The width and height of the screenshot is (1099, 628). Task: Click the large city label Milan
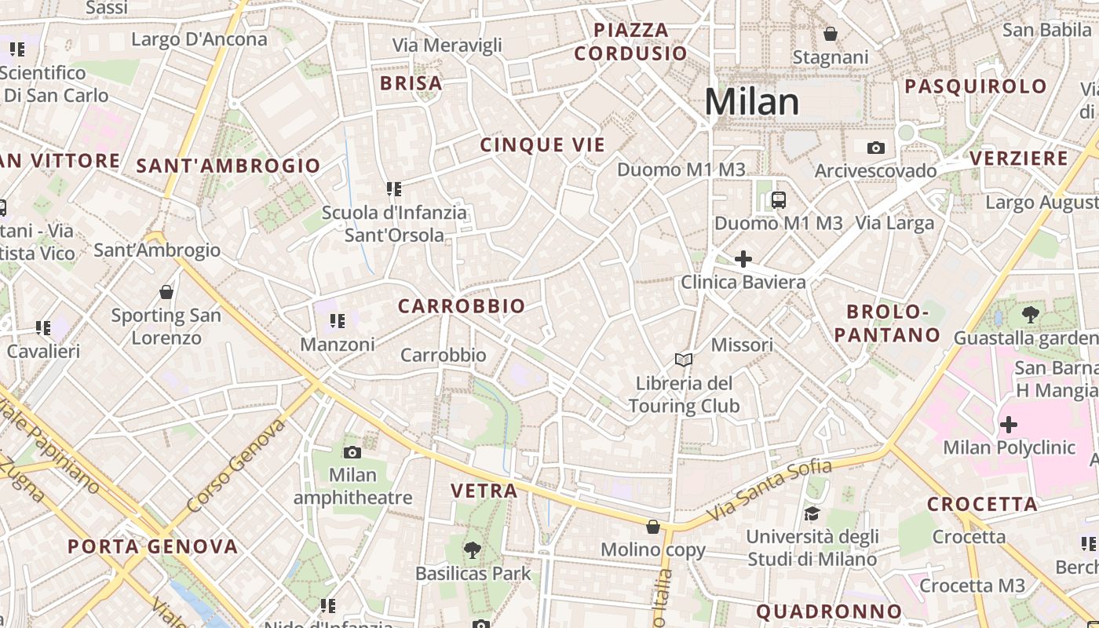click(x=751, y=102)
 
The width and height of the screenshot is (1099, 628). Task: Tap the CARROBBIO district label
click(x=462, y=306)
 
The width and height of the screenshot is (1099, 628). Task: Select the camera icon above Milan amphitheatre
click(x=352, y=452)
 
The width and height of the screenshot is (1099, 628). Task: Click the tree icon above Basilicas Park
click(x=472, y=550)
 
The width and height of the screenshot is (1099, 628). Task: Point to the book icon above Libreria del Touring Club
click(x=684, y=360)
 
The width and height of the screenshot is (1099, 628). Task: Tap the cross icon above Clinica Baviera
click(x=743, y=258)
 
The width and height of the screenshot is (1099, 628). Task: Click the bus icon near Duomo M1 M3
click(x=778, y=199)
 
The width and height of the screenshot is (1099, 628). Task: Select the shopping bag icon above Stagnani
click(x=830, y=34)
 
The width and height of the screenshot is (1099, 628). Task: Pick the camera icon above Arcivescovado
click(x=875, y=148)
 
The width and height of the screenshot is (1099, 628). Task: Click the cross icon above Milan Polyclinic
click(x=1008, y=425)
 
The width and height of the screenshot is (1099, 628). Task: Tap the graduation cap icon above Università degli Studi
click(x=812, y=513)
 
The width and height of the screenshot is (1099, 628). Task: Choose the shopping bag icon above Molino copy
click(x=652, y=527)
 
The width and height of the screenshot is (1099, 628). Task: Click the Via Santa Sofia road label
click(x=769, y=491)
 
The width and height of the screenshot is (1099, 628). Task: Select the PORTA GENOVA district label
click(x=152, y=546)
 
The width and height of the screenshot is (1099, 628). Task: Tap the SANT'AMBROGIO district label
click(x=228, y=166)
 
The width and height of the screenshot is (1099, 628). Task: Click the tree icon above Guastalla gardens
click(x=1030, y=315)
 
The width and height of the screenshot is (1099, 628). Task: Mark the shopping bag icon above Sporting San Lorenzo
click(x=166, y=292)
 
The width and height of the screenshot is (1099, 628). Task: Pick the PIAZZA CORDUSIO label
click(x=630, y=42)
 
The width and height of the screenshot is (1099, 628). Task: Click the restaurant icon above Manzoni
click(x=337, y=321)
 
